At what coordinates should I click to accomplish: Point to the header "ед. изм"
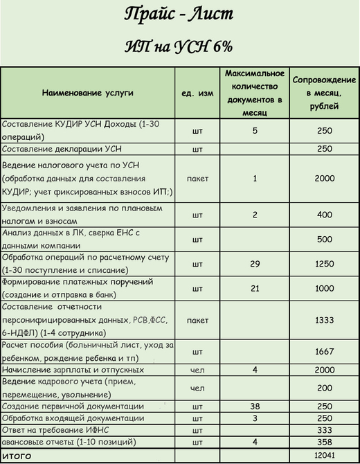pyautogui.click(x=197, y=92)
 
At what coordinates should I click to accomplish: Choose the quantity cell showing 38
pyautogui.click(x=255, y=405)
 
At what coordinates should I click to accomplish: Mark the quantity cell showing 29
pyautogui.click(x=255, y=264)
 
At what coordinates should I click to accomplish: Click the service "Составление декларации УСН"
pyautogui.click(x=63, y=149)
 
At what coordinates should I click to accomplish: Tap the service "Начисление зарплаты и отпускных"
pyautogui.click(x=72, y=371)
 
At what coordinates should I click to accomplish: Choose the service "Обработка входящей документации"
pyautogui.click(x=73, y=418)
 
